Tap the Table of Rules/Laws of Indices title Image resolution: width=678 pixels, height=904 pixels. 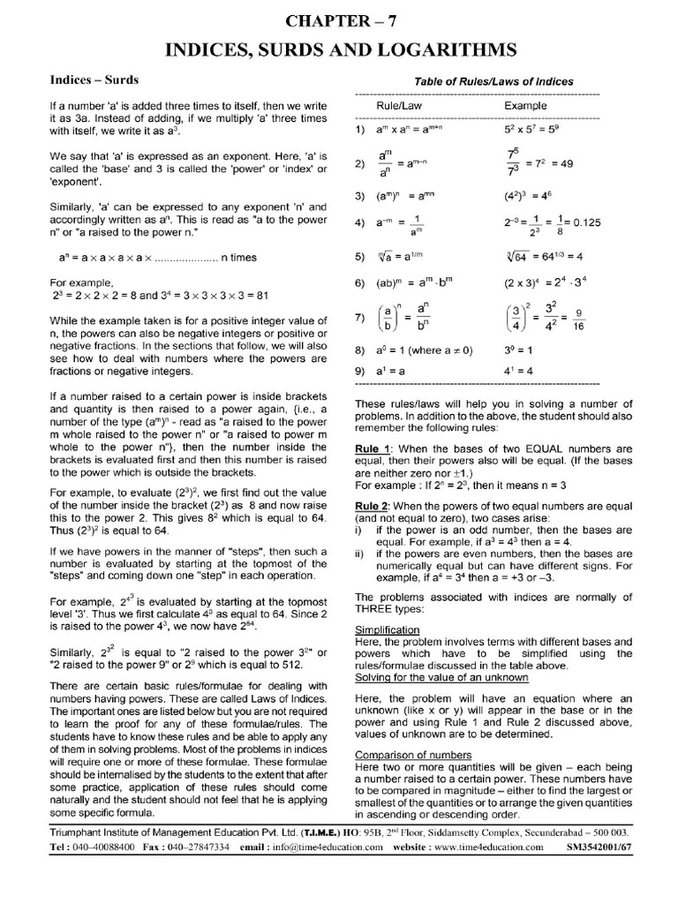493,81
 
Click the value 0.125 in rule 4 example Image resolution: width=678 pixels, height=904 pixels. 584,223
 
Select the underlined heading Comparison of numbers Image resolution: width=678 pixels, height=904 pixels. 413,755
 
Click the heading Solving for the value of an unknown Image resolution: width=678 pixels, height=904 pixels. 441,677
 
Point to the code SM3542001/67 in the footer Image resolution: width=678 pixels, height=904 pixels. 598,870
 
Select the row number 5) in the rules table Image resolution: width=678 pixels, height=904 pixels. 360,258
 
